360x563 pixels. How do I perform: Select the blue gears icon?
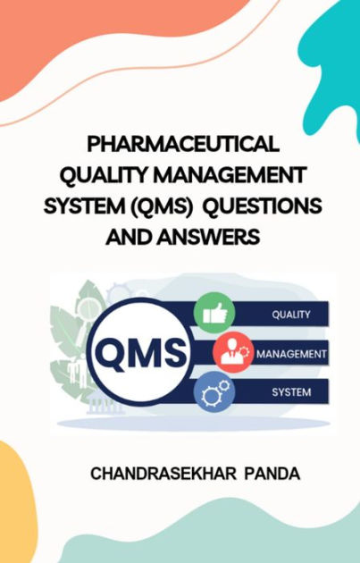pos(215,391)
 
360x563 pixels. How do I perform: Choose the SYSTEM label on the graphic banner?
pos(290,391)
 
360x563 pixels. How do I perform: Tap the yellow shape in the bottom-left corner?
pos(18,509)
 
